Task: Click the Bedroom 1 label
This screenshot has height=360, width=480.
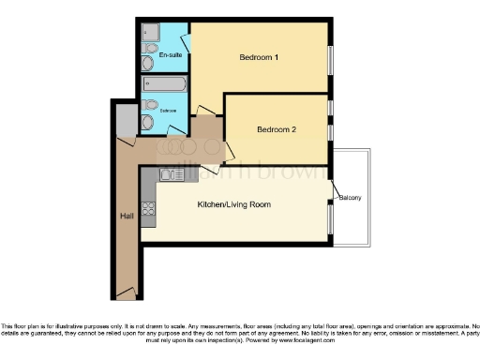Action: coord(259,58)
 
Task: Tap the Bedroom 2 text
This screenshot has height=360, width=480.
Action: coord(277,129)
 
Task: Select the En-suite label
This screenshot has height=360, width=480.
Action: coord(170,56)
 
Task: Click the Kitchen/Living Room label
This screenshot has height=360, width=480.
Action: coord(233,203)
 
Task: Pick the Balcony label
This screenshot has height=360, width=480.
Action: coord(351,198)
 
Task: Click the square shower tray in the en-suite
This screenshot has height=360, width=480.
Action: coord(151,33)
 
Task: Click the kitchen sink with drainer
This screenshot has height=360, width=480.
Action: coord(172,173)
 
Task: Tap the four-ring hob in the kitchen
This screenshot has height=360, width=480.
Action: coord(147,208)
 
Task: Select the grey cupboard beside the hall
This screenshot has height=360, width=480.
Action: coord(126,120)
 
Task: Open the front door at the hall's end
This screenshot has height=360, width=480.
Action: coord(128,293)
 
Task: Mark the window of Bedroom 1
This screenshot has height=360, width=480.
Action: coord(330,62)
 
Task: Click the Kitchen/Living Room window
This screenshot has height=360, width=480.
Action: coord(330,220)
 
